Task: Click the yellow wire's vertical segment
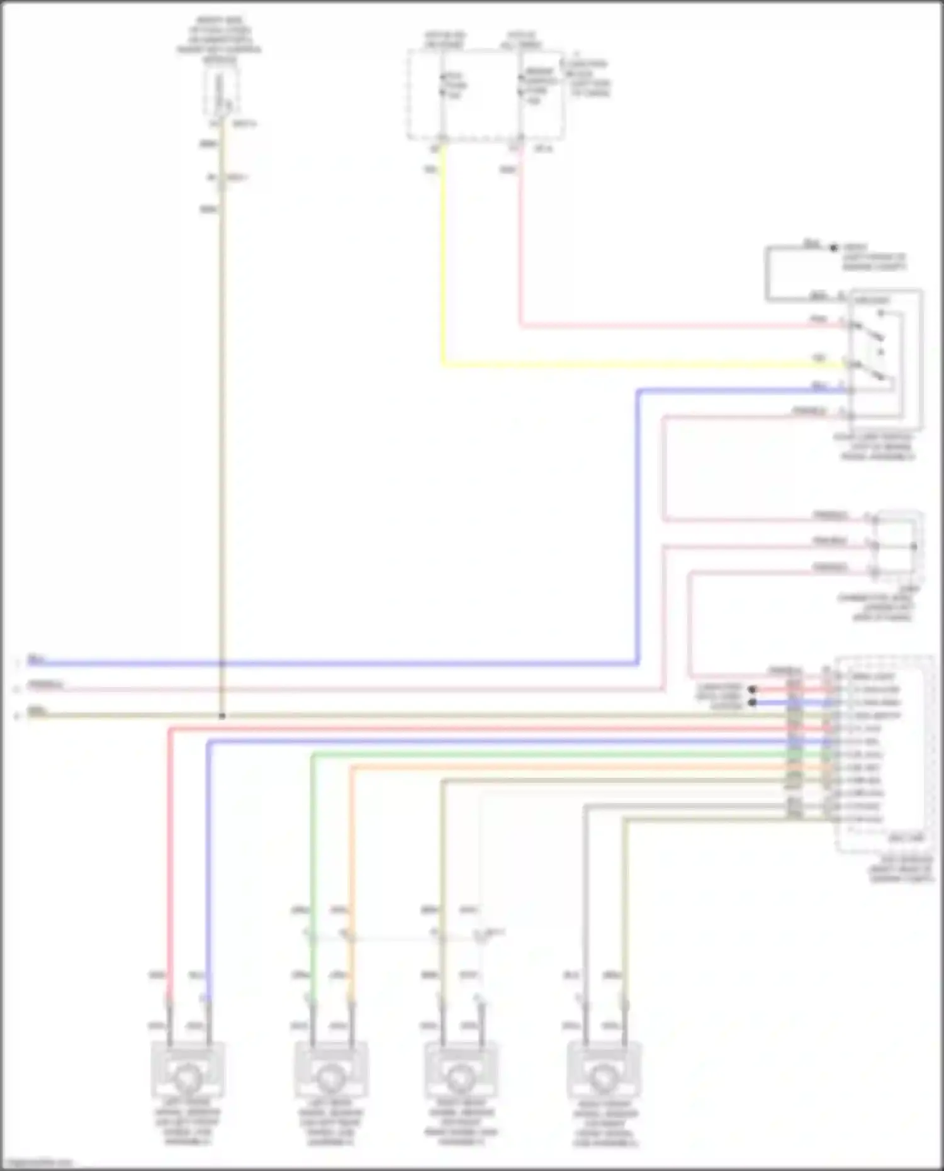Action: [x=443, y=252]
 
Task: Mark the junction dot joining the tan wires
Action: [x=222, y=716]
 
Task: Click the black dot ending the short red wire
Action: [x=752, y=690]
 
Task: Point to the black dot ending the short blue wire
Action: [x=752, y=703]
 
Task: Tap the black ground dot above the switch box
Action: [x=834, y=248]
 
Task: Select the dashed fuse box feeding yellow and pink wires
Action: [x=485, y=94]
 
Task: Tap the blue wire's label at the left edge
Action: [x=36, y=659]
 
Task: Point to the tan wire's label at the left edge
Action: [x=37, y=712]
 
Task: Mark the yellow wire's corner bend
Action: [x=444, y=364]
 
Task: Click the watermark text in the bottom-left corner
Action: [x=37, y=1163]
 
